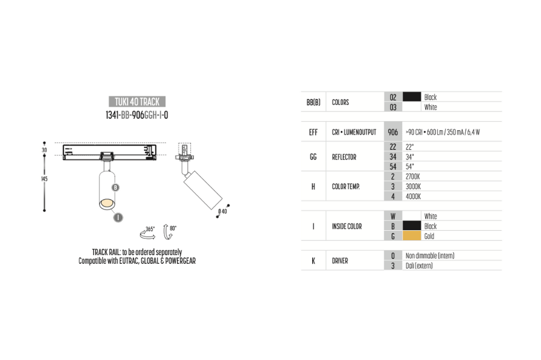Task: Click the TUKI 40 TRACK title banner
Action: pyautogui.click(x=137, y=102)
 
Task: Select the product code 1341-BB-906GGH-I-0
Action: pyautogui.click(x=137, y=115)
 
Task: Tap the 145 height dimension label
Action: pyautogui.click(x=44, y=178)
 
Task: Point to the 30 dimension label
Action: pyautogui.click(x=44, y=150)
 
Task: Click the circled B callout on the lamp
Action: pyautogui.click(x=116, y=188)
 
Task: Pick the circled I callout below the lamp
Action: pyautogui.click(x=118, y=217)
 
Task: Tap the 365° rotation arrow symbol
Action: pyautogui.click(x=147, y=233)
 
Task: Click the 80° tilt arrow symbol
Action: pyautogui.click(x=169, y=231)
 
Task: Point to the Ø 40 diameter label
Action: pyautogui.click(x=222, y=211)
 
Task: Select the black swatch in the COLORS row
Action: pyautogui.click(x=412, y=97)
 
